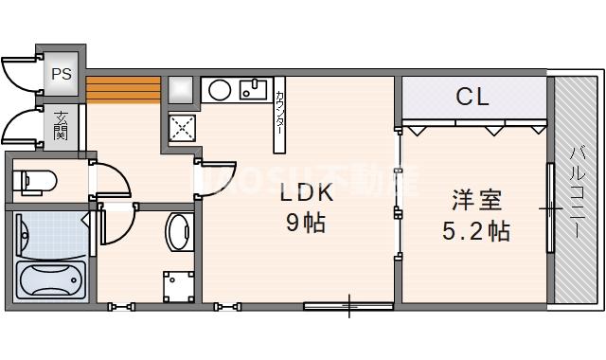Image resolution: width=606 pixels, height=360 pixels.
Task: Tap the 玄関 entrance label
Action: coord(62,126)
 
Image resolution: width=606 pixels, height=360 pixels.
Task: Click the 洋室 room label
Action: coord(476,201)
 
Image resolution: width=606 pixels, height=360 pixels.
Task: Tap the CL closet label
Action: coord(472,97)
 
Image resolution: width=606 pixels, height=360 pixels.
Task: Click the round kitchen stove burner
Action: coord(219,90)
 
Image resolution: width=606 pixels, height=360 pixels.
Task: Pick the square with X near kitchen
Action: coord(182,127)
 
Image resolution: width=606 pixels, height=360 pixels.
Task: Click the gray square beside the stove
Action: coord(181,90)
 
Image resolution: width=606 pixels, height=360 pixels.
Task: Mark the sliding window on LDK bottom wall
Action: coord(348,305)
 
